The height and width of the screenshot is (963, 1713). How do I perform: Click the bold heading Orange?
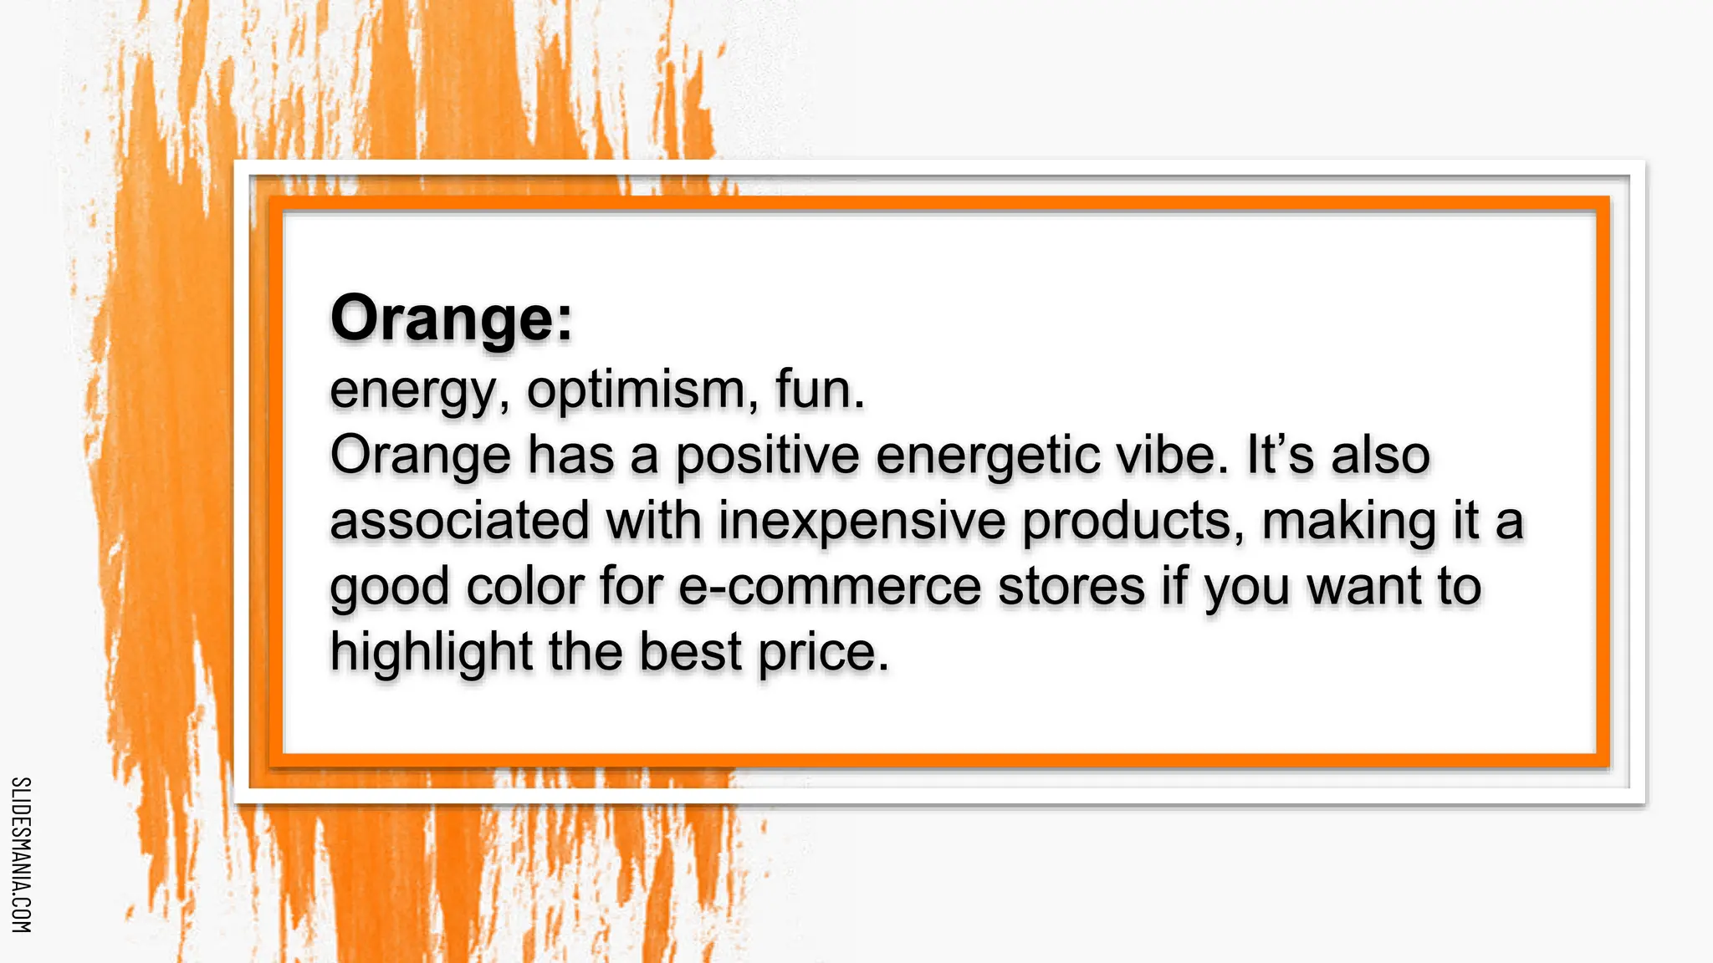(x=452, y=318)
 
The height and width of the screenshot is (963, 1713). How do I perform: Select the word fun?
(x=819, y=390)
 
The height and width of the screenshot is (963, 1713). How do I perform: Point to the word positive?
(x=767, y=456)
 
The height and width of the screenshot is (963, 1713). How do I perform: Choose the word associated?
(x=459, y=520)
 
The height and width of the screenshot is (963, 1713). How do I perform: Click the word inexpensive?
(x=862, y=520)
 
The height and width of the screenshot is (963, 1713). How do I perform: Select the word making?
(x=1348, y=520)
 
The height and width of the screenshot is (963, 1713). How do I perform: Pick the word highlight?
(x=431, y=651)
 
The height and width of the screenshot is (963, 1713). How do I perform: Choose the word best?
(x=690, y=651)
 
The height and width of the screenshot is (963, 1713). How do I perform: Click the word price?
(x=823, y=651)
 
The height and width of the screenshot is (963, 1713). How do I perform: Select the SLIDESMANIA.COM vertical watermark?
(x=21, y=854)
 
